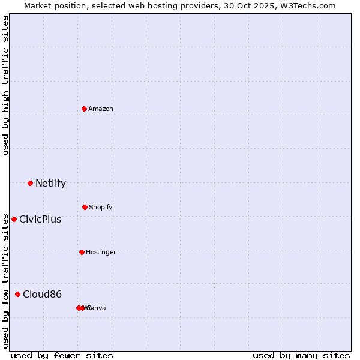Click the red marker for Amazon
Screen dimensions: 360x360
(x=85, y=109)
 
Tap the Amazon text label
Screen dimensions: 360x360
(x=101, y=109)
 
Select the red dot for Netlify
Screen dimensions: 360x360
(x=30, y=183)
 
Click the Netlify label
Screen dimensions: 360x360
(x=50, y=184)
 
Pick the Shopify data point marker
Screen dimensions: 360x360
(x=85, y=207)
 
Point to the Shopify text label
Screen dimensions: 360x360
(x=101, y=207)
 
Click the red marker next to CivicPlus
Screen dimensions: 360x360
(x=14, y=219)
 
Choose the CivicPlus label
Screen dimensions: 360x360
(x=40, y=220)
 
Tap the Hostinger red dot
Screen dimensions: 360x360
(x=82, y=252)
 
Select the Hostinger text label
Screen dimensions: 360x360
(x=101, y=252)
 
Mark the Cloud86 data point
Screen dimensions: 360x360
(x=17, y=294)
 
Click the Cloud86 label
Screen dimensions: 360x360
(x=42, y=294)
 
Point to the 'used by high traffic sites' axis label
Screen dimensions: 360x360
(x=5, y=85)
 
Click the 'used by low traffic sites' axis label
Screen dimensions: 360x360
(x=5, y=280)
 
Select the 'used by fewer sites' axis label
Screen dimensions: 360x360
(x=62, y=355)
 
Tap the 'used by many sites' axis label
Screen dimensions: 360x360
(x=301, y=355)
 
